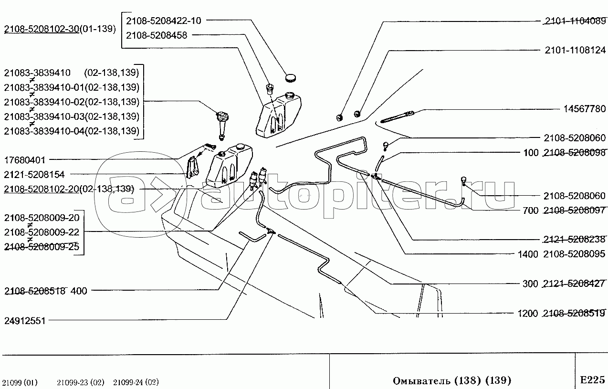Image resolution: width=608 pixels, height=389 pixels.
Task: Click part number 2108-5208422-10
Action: [164, 21]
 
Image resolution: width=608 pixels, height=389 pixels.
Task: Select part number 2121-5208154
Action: [34, 175]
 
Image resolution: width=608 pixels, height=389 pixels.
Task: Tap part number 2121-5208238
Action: [574, 240]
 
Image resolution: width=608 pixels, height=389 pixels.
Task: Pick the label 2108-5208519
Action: [574, 314]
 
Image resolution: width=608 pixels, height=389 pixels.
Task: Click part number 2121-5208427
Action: [574, 284]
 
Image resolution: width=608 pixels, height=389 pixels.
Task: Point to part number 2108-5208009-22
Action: [42, 232]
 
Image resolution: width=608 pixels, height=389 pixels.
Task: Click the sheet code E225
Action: [592, 380]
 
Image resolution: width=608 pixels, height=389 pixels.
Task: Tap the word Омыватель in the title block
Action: [418, 380]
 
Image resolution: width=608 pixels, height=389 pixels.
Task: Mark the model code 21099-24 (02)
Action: [136, 382]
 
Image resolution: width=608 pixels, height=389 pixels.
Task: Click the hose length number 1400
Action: [527, 254]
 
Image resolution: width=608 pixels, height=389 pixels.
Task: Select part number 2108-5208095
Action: [574, 254]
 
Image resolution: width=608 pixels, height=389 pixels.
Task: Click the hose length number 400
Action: [79, 291]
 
